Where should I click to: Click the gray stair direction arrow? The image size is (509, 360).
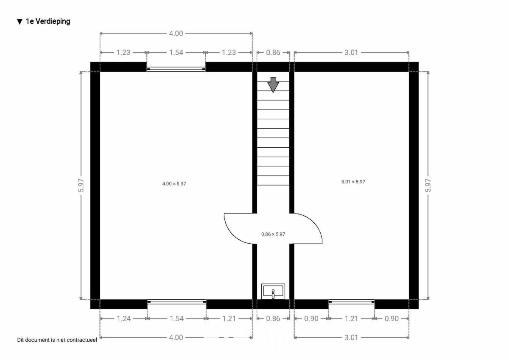(x=273, y=85)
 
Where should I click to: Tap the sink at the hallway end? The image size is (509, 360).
(x=273, y=291)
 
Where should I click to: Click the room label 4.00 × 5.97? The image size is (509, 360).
(x=174, y=183)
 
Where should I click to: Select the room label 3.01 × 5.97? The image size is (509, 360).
(x=353, y=182)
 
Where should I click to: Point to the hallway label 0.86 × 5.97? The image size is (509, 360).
(x=273, y=234)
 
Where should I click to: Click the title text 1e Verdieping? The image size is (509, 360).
(x=48, y=21)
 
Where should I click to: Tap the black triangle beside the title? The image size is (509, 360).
(x=20, y=22)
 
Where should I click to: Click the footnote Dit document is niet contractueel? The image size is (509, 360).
(x=57, y=340)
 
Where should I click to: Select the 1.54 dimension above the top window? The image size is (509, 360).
(x=176, y=53)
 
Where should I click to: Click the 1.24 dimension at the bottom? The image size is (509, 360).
(x=123, y=318)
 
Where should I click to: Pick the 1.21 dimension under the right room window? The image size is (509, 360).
(x=351, y=318)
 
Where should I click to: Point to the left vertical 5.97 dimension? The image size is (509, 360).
(x=81, y=186)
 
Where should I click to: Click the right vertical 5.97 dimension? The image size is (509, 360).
(x=428, y=186)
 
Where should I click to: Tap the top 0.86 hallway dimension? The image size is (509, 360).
(x=273, y=53)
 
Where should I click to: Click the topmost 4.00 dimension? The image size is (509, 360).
(x=176, y=34)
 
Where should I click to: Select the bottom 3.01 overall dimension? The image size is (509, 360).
(x=351, y=337)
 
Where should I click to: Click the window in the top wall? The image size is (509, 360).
(x=176, y=69)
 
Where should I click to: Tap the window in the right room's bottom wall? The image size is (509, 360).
(x=352, y=302)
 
